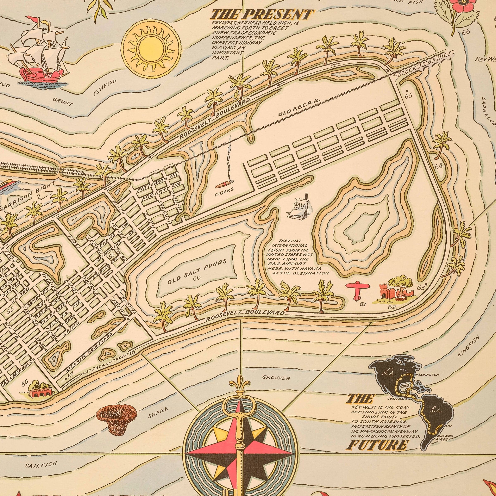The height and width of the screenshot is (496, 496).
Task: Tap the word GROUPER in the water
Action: click(276, 378)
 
